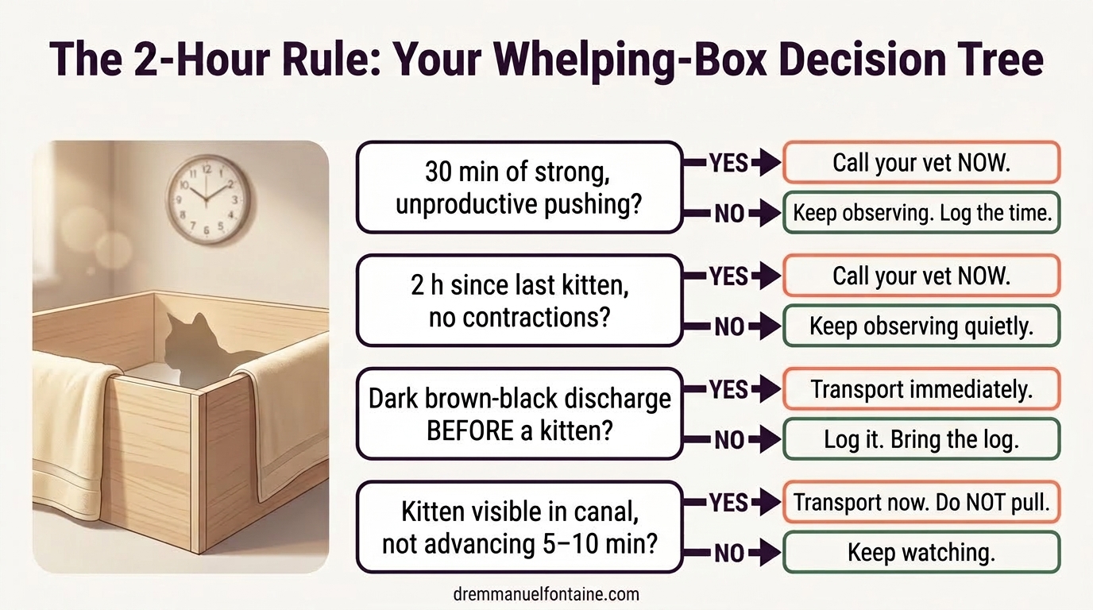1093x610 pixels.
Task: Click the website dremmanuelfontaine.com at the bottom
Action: coord(546,593)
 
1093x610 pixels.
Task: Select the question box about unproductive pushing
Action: coord(519,187)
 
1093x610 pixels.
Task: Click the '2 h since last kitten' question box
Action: coord(519,300)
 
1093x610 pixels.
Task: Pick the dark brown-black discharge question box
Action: coord(519,413)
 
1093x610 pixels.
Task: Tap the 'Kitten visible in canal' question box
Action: coord(519,527)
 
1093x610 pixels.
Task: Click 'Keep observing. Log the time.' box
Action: coord(921,212)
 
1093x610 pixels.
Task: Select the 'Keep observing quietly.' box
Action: coord(921,326)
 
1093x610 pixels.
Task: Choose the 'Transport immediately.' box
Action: coord(921,389)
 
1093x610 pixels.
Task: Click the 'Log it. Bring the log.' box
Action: coord(921,439)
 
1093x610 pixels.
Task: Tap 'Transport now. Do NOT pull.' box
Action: coord(921,502)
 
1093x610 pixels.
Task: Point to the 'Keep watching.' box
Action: coord(921,552)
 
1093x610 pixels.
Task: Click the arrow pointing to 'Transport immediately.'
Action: coord(766,389)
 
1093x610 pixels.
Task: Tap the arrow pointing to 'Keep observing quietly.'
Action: coord(766,326)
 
